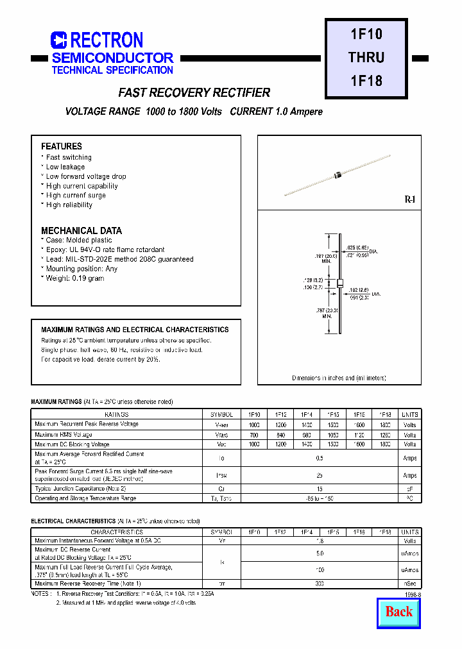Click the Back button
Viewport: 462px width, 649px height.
pyautogui.click(x=398, y=612)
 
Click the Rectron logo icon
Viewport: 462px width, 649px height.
pyautogui.click(x=58, y=40)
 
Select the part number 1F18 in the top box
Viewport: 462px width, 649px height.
pyautogui.click(x=367, y=81)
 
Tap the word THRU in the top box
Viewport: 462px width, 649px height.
pyautogui.click(x=366, y=57)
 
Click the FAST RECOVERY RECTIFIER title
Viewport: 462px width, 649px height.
pyautogui.click(x=194, y=93)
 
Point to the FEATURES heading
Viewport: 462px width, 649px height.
pyautogui.click(x=62, y=146)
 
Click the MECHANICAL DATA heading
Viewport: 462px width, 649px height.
pyautogui.click(x=81, y=230)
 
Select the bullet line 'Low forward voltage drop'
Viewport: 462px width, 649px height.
pyautogui.click(x=86, y=176)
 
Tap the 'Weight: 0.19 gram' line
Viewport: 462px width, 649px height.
pyautogui.click(x=75, y=278)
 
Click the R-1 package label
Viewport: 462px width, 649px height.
pyautogui.click(x=410, y=200)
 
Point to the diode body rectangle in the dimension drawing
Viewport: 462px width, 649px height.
pyautogui.click(x=340, y=283)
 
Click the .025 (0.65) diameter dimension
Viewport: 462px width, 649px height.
pyautogui.click(x=358, y=248)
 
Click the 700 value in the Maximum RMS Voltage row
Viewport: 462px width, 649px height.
pyautogui.click(x=255, y=435)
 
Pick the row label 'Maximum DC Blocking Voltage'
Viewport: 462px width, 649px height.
pyautogui.click(x=73, y=444)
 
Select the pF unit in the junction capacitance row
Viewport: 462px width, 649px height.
pyautogui.click(x=409, y=489)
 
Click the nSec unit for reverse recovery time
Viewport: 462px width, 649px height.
pyautogui.click(x=409, y=584)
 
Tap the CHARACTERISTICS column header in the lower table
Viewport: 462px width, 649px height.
pyautogui.click(x=116, y=532)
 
